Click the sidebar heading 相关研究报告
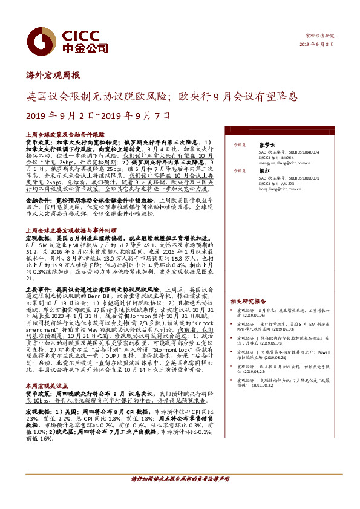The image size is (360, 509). click(247, 301)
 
